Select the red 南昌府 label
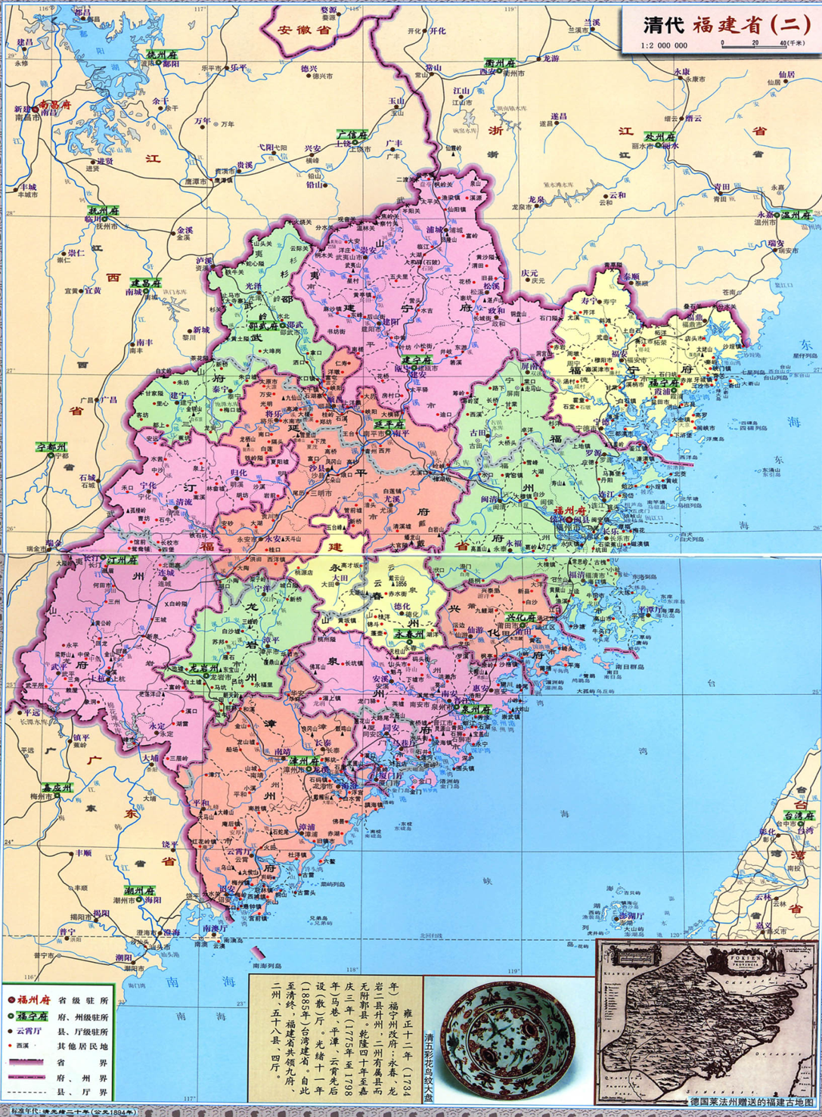(54, 105)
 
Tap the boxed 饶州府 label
(161, 55)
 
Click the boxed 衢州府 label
(500, 63)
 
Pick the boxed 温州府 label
(796, 215)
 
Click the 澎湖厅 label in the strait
(632, 916)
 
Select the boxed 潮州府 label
(140, 891)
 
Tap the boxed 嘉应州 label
(57, 787)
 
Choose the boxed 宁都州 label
(51, 447)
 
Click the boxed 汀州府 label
(121, 560)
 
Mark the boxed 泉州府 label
(476, 709)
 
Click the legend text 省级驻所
(82, 1000)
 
